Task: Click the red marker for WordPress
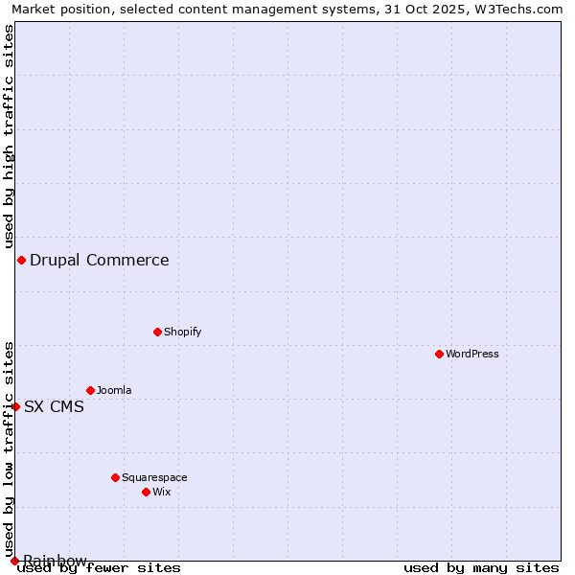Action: point(439,354)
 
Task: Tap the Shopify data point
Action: point(157,332)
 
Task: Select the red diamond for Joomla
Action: point(90,390)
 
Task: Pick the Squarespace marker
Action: point(115,477)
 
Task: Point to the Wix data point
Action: point(146,492)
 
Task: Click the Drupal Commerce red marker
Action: point(21,260)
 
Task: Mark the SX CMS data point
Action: point(15,406)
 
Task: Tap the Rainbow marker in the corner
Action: point(14,561)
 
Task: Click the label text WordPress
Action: point(472,354)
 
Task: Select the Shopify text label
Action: point(182,332)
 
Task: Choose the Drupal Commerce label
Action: point(100,260)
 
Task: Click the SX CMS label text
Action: point(54,406)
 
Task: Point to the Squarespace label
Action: point(154,477)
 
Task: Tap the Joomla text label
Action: point(114,390)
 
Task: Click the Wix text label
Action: point(161,492)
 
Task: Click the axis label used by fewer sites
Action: point(100,567)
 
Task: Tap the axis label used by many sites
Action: point(481,567)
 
